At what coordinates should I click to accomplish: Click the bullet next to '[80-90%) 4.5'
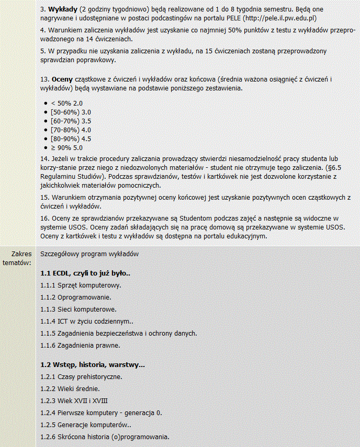click(x=46, y=139)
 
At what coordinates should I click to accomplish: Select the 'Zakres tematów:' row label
click(x=18, y=257)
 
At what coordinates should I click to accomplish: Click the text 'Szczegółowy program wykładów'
click(x=89, y=254)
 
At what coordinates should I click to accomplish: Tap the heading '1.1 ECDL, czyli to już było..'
click(x=85, y=273)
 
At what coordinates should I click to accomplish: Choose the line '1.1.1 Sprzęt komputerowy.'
click(x=81, y=285)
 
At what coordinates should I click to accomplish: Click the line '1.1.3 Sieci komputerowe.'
click(x=78, y=309)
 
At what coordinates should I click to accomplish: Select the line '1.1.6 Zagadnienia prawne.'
click(x=80, y=345)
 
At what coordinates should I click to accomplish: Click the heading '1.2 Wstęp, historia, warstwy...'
click(x=93, y=364)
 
